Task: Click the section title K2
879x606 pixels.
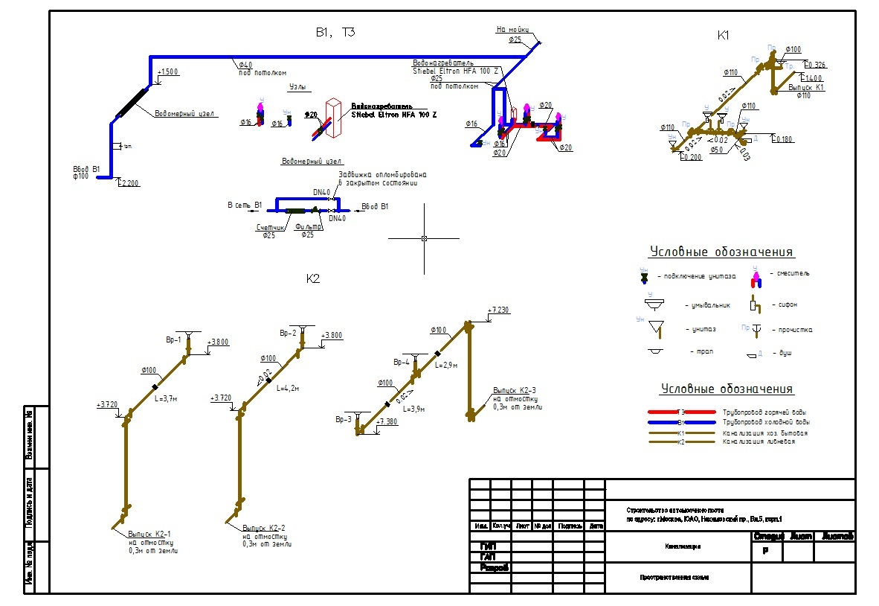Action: point(312,279)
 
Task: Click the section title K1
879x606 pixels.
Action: point(724,35)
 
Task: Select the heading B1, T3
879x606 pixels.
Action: point(335,33)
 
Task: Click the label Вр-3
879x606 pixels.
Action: point(343,420)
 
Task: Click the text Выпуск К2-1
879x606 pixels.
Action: point(149,534)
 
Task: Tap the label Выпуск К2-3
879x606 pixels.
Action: point(514,390)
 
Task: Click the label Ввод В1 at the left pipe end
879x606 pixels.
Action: point(86,169)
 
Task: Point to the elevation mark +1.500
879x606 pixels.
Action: point(169,71)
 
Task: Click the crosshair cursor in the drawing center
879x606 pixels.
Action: point(424,238)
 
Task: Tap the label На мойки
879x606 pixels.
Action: point(512,30)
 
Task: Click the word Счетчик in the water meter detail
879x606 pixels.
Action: point(271,228)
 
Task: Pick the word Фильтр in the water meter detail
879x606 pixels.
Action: point(307,228)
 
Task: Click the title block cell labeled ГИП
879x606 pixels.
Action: point(488,546)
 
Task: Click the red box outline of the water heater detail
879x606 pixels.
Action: point(334,118)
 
